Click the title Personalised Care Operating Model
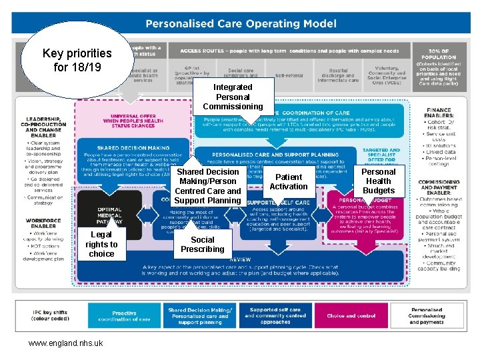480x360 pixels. coord(241,24)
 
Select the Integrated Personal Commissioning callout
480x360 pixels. coord(233,97)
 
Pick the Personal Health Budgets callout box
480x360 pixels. coord(378,181)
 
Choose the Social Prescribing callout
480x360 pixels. coord(203,244)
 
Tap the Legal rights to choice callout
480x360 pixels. coord(101,244)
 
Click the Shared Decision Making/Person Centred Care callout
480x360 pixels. coord(207,186)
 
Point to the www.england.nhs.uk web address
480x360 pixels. coord(65,343)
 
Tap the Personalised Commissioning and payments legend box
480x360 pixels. coord(427,315)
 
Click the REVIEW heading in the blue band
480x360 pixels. coord(240,259)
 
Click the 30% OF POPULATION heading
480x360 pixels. coord(439,53)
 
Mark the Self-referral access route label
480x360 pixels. coord(289,75)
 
